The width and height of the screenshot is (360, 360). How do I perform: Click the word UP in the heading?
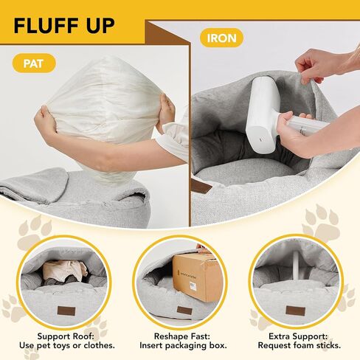pyautogui.click(x=100, y=26)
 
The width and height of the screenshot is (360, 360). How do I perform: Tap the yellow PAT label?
pyautogui.click(x=34, y=63)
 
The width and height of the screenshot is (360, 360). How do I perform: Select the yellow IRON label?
pyautogui.click(x=221, y=38)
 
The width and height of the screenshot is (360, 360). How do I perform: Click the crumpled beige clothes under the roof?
pyautogui.click(x=65, y=271)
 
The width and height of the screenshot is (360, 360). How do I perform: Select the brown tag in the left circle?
pyautogui.click(x=66, y=311)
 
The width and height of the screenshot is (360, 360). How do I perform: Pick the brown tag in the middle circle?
pyautogui.click(x=184, y=311)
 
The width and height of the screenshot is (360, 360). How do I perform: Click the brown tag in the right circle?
pyautogui.click(x=295, y=311)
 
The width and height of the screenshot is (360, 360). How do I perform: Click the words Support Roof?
pyautogui.click(x=66, y=336)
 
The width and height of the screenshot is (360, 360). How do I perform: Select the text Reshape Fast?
pyautogui.click(x=182, y=336)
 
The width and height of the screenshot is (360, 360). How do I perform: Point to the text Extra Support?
pyautogui.click(x=298, y=336)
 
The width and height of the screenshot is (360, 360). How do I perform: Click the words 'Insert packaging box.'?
pyautogui.click(x=183, y=345)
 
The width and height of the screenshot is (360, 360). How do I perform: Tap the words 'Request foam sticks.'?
pyautogui.click(x=300, y=345)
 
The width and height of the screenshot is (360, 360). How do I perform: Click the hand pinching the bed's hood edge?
pyautogui.click(x=319, y=65)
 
